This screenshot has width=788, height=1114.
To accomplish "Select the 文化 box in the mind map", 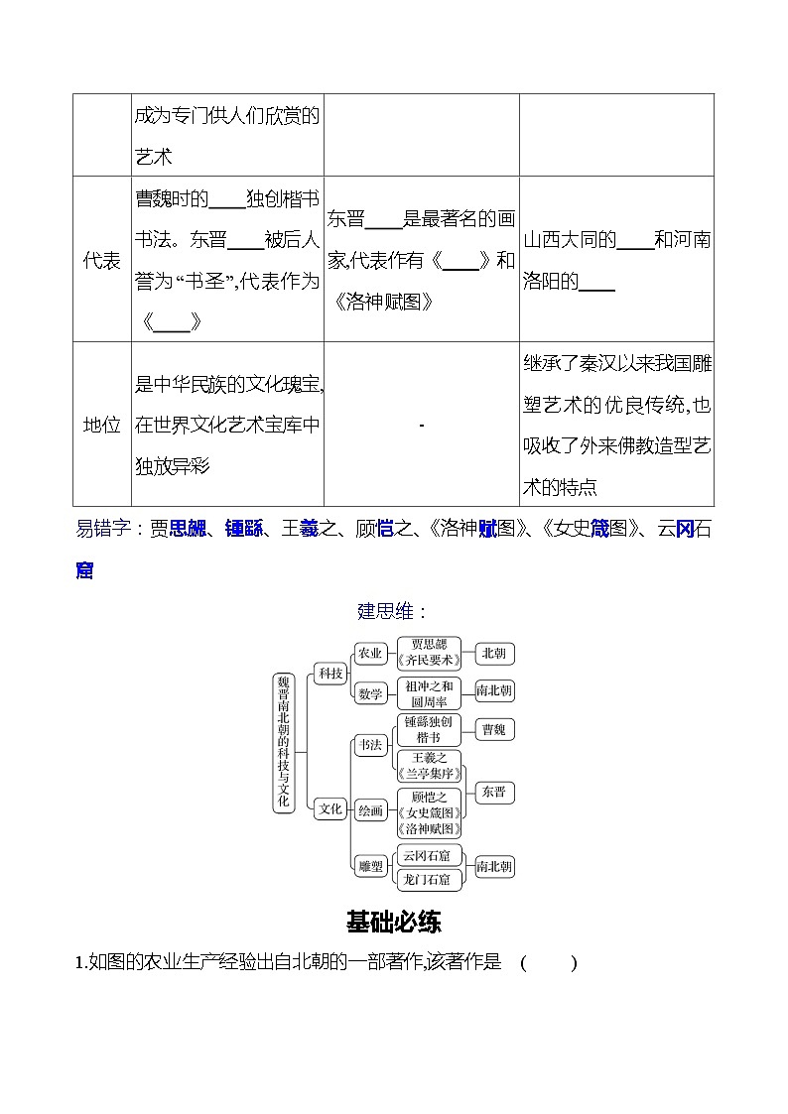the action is pos(329,808).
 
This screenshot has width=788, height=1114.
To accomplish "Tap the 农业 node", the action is pos(369,653).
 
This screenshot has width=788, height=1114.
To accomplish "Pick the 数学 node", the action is pos(370,693).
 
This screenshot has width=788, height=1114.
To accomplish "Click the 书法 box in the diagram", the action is pos(370,745).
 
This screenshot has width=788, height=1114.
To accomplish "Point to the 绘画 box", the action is pos(370,810).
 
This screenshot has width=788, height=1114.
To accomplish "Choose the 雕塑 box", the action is pos(370,867).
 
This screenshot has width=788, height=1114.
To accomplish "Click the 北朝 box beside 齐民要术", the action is pos(494,653).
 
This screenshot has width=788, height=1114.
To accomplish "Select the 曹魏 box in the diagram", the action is pos(493,730).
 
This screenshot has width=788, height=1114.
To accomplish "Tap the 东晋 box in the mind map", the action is pos(493,792).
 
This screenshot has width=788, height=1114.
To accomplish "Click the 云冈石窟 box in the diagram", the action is pos(429,856).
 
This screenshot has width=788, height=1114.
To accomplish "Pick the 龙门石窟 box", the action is pos(429,879).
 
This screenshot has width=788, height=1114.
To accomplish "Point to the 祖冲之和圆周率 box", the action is pos(429,693).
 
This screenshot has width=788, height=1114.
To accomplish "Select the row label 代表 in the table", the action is pos(102,261).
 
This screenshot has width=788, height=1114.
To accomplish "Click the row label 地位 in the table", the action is pos(102,425).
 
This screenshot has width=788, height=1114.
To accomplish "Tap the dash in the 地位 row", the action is pos(422,426).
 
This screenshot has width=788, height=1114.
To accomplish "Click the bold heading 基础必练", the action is pos(394,922).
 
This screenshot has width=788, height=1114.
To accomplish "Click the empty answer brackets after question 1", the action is pos(547,962).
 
